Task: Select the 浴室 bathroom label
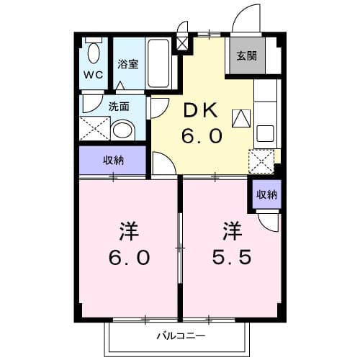tap(129, 63)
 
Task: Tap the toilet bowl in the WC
tap(94, 51)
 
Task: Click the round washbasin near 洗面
tap(124, 131)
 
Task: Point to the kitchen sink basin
tap(265, 132)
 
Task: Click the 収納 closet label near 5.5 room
tap(266, 194)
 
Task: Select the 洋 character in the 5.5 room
tap(231, 232)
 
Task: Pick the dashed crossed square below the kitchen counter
tap(260, 160)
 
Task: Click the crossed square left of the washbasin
tap(94, 130)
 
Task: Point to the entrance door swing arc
tap(247, 16)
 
